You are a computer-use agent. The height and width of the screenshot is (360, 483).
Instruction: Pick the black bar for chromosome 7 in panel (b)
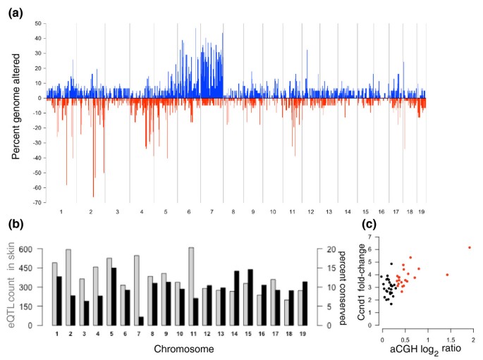(x=141, y=321)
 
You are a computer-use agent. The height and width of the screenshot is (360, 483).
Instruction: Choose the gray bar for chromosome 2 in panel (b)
(x=68, y=287)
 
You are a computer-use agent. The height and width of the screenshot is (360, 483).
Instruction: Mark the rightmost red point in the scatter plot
(x=469, y=247)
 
